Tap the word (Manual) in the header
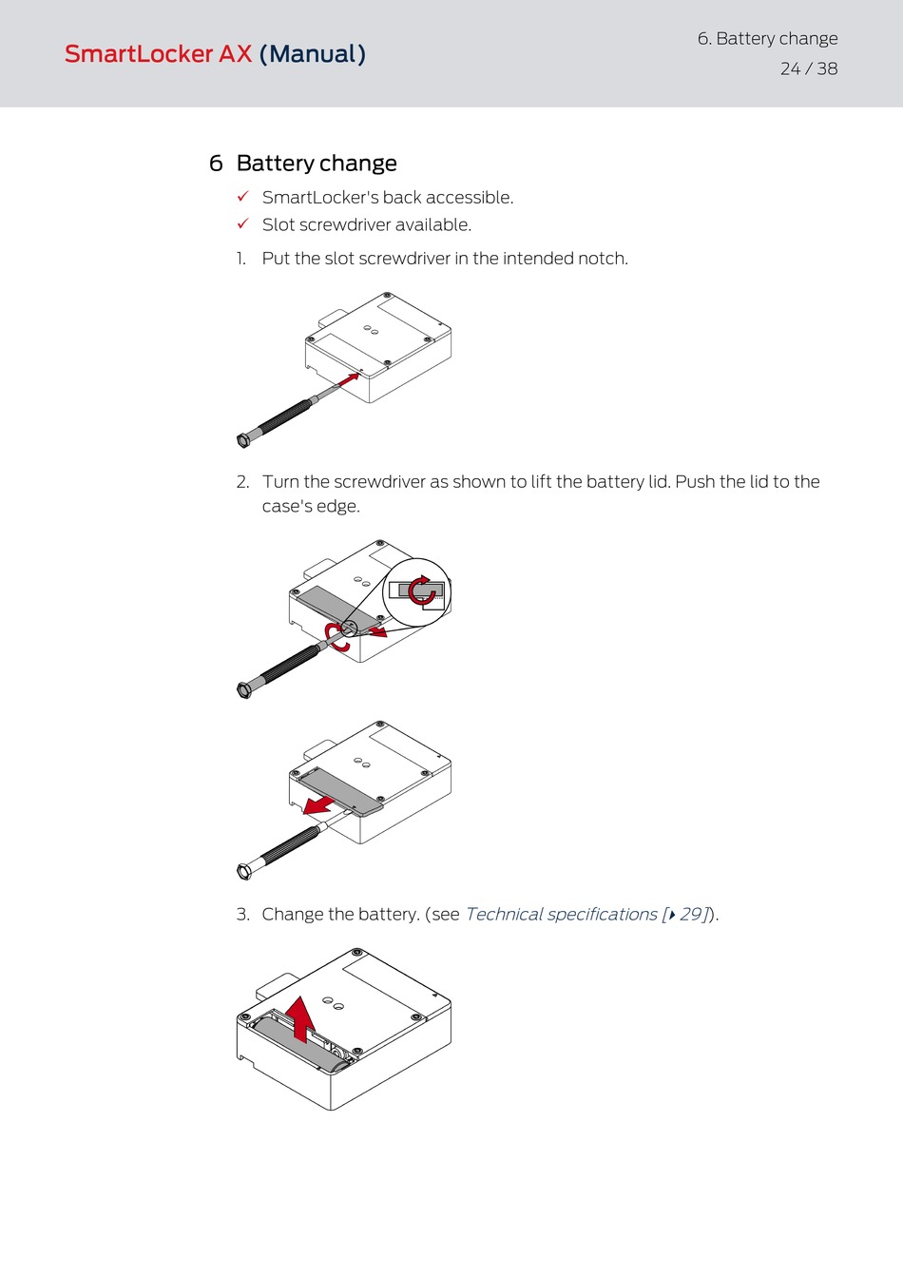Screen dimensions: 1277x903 click(312, 54)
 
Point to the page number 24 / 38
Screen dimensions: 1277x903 click(809, 68)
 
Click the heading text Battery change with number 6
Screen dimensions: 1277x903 click(303, 164)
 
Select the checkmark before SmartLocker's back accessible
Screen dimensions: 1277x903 click(242, 196)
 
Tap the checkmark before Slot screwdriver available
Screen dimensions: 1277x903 click(242, 223)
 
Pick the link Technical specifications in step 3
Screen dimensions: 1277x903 click(561, 915)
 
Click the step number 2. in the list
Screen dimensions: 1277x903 click(243, 482)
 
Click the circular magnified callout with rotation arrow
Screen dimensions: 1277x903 click(416, 592)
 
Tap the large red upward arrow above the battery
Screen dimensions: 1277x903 click(301, 1018)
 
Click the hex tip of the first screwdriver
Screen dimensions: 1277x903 click(242, 440)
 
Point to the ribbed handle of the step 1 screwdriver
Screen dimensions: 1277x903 click(283, 417)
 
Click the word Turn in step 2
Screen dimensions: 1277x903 click(280, 482)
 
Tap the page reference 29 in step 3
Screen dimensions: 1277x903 click(691, 915)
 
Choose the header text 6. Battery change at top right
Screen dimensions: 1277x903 click(767, 39)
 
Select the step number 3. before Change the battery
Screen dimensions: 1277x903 click(243, 915)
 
